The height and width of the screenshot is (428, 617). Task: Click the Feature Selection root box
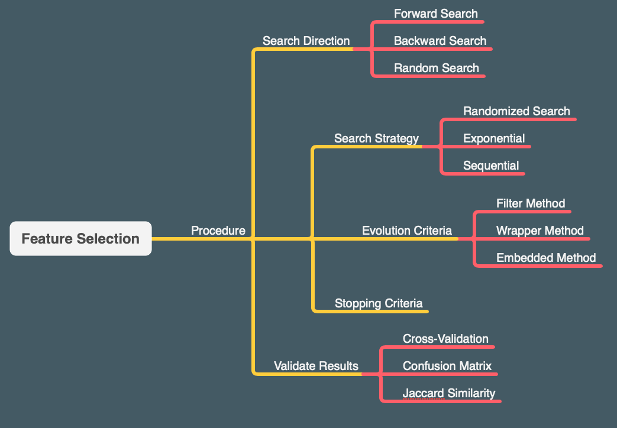coord(80,239)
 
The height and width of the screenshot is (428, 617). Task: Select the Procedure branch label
coord(218,231)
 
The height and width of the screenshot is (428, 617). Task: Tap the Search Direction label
coord(306,41)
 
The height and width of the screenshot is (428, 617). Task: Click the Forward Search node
coord(435,14)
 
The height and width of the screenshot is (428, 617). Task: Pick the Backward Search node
coord(440,41)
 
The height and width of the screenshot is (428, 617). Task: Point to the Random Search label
coord(436,68)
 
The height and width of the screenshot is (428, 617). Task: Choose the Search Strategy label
coord(376,138)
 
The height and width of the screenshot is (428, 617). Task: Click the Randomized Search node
coord(516,111)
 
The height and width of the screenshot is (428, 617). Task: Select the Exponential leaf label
coord(494,138)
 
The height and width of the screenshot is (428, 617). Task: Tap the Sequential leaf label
coord(491,166)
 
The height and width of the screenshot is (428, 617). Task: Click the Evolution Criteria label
coord(406,231)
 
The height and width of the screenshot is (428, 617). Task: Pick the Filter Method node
coord(531,203)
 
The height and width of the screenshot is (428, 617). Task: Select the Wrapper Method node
coord(540,231)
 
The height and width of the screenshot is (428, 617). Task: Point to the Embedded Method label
coord(545,258)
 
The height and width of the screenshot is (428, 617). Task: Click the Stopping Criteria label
coord(378,303)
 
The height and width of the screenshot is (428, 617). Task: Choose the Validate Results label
coord(316,366)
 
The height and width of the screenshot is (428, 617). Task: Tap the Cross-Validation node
coord(445,339)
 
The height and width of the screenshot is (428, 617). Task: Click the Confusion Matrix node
coord(447,366)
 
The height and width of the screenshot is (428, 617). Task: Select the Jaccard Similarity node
coord(448,393)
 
